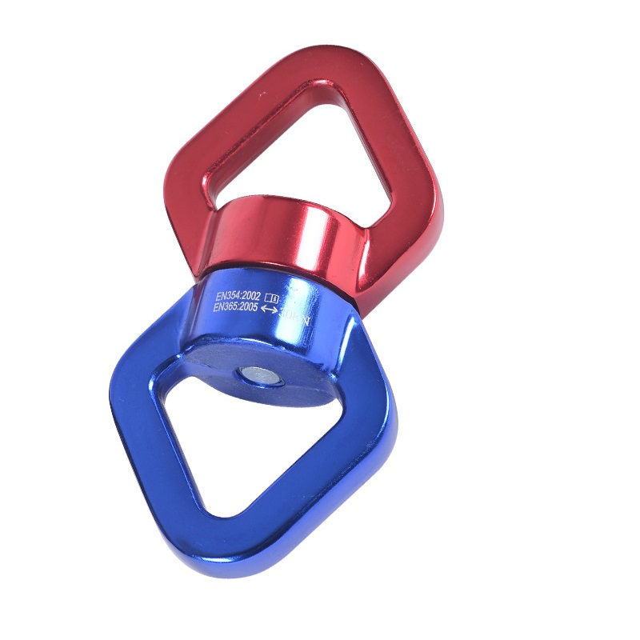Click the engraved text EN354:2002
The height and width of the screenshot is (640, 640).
[x=239, y=295]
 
